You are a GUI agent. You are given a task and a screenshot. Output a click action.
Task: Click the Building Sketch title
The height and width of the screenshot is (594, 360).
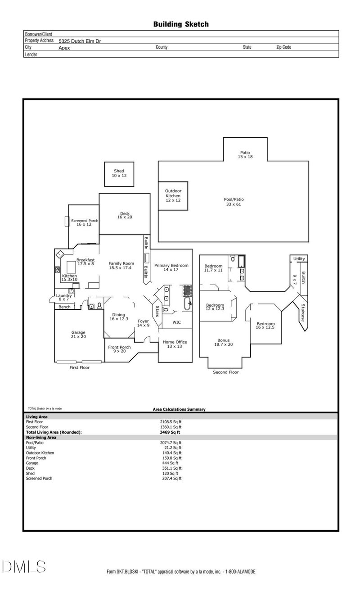pyautogui.click(x=181, y=24)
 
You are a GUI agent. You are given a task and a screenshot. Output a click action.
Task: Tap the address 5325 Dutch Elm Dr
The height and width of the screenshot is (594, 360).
pyautogui.click(x=79, y=41)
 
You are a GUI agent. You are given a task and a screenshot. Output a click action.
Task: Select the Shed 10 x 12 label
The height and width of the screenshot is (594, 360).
pyautogui.click(x=119, y=173)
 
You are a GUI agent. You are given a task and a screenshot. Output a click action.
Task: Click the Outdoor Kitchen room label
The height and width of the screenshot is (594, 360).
pyautogui.click(x=173, y=196)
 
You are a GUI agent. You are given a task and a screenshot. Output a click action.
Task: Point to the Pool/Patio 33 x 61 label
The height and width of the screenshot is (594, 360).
pyautogui.click(x=234, y=202)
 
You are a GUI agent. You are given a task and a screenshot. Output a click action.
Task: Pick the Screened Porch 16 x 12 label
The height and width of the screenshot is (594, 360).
pyautogui.click(x=84, y=222)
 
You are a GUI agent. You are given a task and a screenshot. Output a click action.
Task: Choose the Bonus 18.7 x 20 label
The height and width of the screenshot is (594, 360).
pyautogui.click(x=224, y=343)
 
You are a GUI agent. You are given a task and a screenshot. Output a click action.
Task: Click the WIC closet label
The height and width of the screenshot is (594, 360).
pyautogui.click(x=176, y=322)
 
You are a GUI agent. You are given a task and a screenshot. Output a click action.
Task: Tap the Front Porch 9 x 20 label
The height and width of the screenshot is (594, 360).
pyautogui.click(x=119, y=349)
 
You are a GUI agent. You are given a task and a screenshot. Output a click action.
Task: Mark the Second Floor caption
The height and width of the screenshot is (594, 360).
pyautogui.click(x=226, y=372)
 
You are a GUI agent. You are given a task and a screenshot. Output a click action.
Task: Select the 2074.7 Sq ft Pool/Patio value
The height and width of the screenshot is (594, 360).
pyautogui.click(x=171, y=443)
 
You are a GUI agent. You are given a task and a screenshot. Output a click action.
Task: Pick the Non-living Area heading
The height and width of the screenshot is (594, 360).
pyautogui.click(x=41, y=437)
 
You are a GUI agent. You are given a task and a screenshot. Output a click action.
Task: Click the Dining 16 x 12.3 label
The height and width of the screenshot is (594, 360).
pyautogui.click(x=119, y=317)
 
